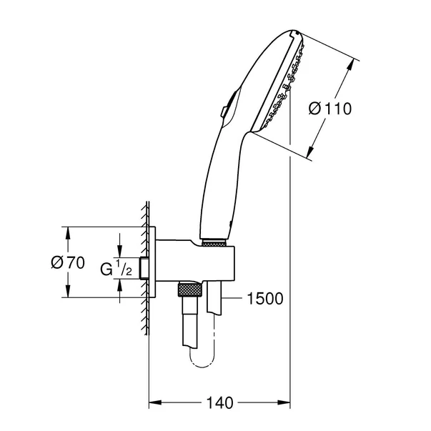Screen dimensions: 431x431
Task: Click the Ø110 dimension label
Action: tap(330, 109)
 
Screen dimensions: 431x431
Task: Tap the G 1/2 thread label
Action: tap(115, 269)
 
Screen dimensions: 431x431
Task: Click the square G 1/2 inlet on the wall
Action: tap(145, 267)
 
